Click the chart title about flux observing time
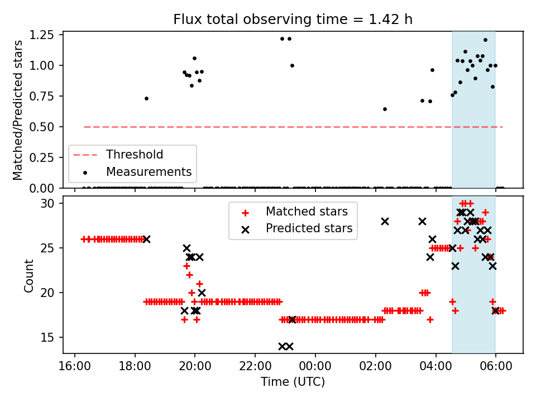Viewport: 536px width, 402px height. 293,20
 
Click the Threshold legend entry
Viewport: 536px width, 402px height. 135,155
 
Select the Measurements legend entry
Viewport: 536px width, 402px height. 149,172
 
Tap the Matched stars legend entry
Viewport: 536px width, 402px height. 307,212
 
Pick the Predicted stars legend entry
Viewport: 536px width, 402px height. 309,228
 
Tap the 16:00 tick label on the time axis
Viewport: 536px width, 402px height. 75,368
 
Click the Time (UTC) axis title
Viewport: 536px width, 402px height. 293,383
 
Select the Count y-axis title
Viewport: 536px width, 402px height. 29,276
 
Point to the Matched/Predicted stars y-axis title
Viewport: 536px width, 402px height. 18,110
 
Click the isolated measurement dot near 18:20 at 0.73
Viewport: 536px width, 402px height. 146,98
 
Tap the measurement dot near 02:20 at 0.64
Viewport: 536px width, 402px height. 385,109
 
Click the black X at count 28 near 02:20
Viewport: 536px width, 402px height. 385,221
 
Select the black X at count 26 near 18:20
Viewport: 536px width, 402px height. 146,239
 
